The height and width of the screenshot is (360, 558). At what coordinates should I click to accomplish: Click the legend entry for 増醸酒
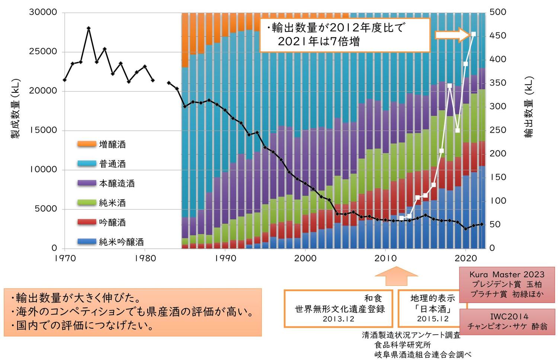point(112,144)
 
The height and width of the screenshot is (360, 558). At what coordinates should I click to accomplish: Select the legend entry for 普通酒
point(112,164)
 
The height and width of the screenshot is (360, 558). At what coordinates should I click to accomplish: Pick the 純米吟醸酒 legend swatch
point(87,242)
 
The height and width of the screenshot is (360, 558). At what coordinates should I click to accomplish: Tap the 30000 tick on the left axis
point(43,12)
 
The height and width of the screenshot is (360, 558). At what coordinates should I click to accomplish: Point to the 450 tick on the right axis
point(498,36)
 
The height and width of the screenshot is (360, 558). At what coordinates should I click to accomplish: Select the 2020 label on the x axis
point(466,258)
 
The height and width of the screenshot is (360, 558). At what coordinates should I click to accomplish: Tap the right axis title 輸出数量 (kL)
point(529,107)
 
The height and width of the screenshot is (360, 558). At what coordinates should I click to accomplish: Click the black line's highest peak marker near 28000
point(89,28)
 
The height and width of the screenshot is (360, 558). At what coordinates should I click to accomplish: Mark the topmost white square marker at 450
point(474,34)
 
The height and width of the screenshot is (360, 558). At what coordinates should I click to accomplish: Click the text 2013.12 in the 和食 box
point(339,319)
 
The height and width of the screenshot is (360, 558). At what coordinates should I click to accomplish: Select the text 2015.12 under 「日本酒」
point(433,319)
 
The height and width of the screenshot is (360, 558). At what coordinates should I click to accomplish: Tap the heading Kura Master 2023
point(507,274)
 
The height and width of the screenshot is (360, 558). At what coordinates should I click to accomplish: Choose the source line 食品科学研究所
point(403,345)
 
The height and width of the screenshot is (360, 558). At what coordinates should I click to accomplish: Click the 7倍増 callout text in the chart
point(345,41)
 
